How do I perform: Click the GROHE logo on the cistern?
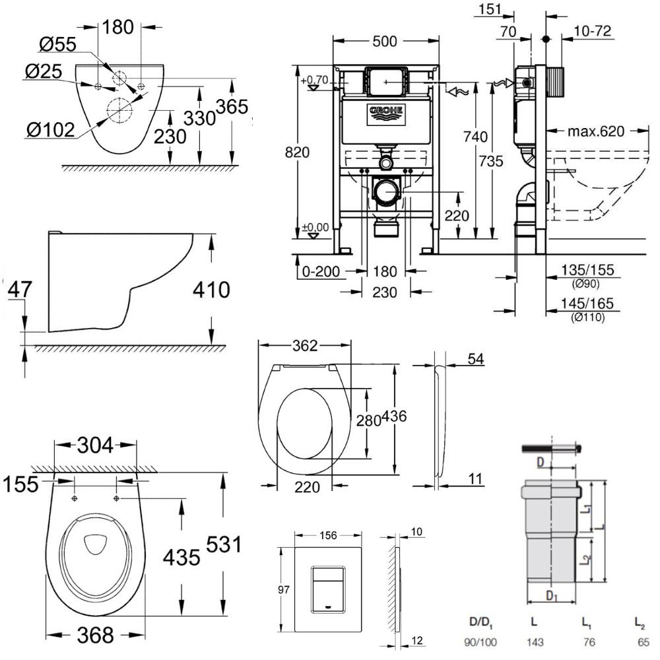(385, 114)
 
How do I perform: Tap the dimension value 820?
(298, 152)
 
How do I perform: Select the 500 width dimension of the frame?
(384, 41)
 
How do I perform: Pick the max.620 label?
(596, 131)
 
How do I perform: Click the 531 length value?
(224, 546)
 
